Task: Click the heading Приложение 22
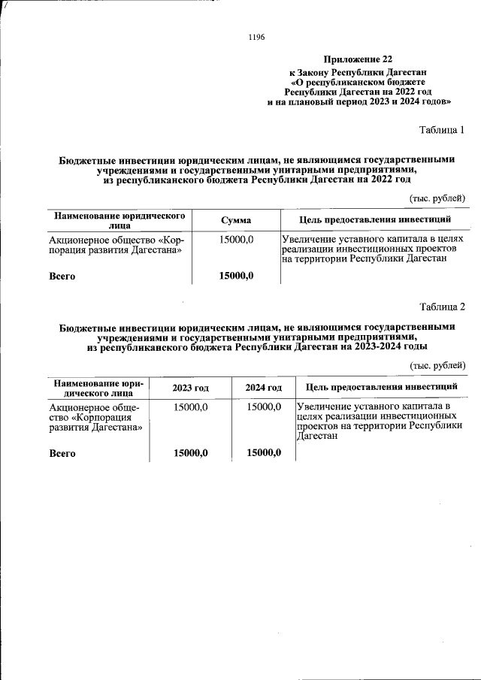click(358, 59)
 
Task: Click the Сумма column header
click(236, 220)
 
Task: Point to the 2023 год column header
click(191, 387)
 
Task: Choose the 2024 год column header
click(264, 387)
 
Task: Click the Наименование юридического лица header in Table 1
click(119, 220)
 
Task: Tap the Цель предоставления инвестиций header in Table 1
click(375, 219)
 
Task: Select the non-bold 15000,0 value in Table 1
click(236, 239)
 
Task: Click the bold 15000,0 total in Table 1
click(236, 276)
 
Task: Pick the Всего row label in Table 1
click(62, 277)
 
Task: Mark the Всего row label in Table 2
click(62, 453)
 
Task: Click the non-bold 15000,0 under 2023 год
click(191, 406)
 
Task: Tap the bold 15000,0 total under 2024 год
click(264, 452)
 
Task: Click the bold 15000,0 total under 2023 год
click(191, 452)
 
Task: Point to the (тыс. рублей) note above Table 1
click(437, 198)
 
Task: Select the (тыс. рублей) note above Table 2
click(437, 364)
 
